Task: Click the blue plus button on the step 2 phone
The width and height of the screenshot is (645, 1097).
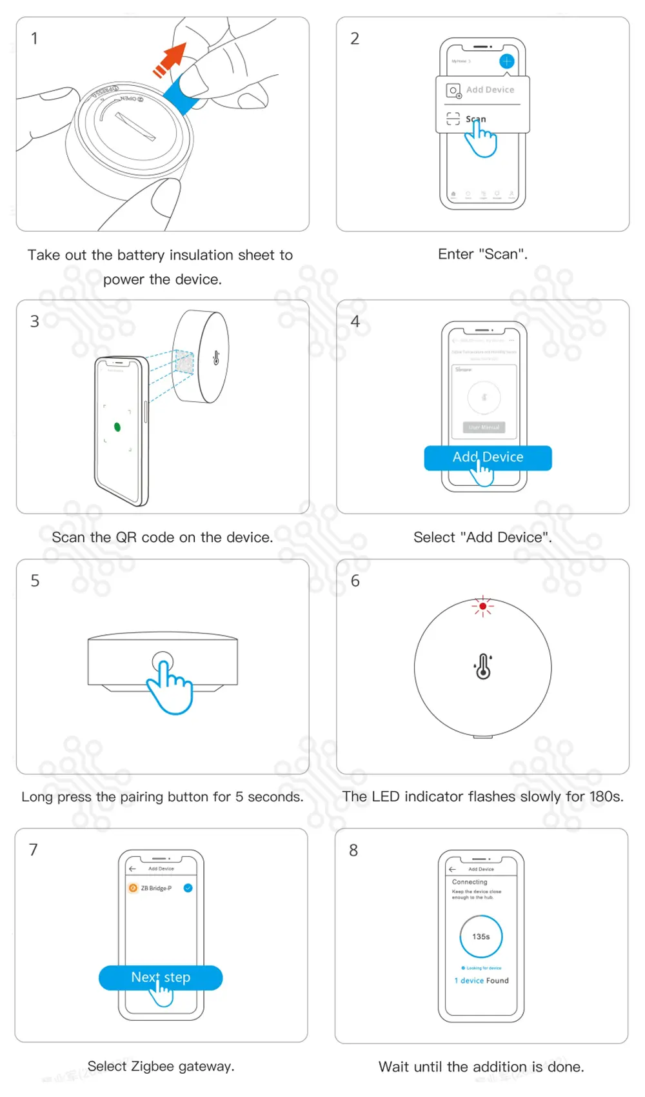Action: (x=507, y=61)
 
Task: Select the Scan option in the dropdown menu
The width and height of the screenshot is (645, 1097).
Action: (x=475, y=119)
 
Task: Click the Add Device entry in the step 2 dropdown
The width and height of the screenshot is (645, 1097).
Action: (x=490, y=90)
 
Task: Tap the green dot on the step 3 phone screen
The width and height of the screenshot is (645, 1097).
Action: (x=117, y=427)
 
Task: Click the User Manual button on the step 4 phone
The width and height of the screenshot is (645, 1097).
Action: (x=484, y=427)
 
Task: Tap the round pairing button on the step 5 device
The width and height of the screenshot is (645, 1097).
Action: (x=163, y=661)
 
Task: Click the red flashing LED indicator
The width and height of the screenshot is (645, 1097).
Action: (x=482, y=607)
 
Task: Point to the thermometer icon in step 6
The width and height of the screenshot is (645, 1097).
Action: (x=483, y=667)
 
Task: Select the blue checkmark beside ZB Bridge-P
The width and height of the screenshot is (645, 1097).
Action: (x=188, y=888)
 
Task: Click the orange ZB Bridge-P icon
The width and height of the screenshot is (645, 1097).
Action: (x=134, y=888)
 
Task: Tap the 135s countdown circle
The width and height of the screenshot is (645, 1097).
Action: (x=481, y=936)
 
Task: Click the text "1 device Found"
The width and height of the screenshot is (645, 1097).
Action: (x=482, y=981)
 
